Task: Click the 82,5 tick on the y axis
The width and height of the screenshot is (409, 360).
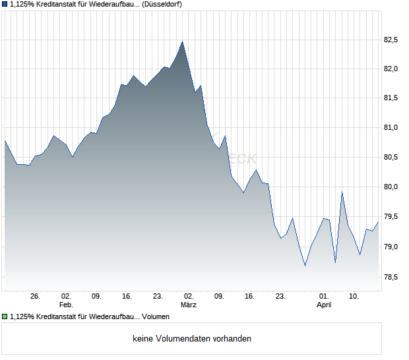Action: click(392, 40)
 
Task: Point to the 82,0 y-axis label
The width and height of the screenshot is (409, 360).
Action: click(392, 69)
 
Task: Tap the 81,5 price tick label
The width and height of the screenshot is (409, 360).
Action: click(392, 98)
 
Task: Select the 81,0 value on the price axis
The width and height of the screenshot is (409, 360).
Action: click(392, 128)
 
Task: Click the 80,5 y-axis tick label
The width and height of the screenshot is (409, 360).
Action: click(392, 157)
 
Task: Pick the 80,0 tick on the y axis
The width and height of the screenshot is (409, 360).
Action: click(392, 187)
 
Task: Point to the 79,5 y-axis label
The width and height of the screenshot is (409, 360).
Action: click(392, 216)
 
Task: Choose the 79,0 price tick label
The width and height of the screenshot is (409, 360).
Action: click(392, 247)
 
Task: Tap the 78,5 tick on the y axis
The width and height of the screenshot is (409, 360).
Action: click(392, 277)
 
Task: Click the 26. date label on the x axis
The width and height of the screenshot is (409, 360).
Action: click(36, 297)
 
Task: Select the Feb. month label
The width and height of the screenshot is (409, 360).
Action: click(65, 305)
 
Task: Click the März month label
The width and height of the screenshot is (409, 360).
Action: click(189, 305)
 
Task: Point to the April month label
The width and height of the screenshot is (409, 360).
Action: click(324, 305)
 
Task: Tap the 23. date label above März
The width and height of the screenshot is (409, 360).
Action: click(158, 297)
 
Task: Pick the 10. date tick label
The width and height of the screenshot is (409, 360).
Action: click(354, 297)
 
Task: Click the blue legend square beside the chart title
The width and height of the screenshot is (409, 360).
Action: click(5, 4)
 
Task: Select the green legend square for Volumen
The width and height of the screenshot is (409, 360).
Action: click(5, 317)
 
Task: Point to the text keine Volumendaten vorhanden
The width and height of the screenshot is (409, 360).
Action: click(192, 339)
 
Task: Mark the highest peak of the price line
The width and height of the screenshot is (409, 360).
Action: click(183, 42)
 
